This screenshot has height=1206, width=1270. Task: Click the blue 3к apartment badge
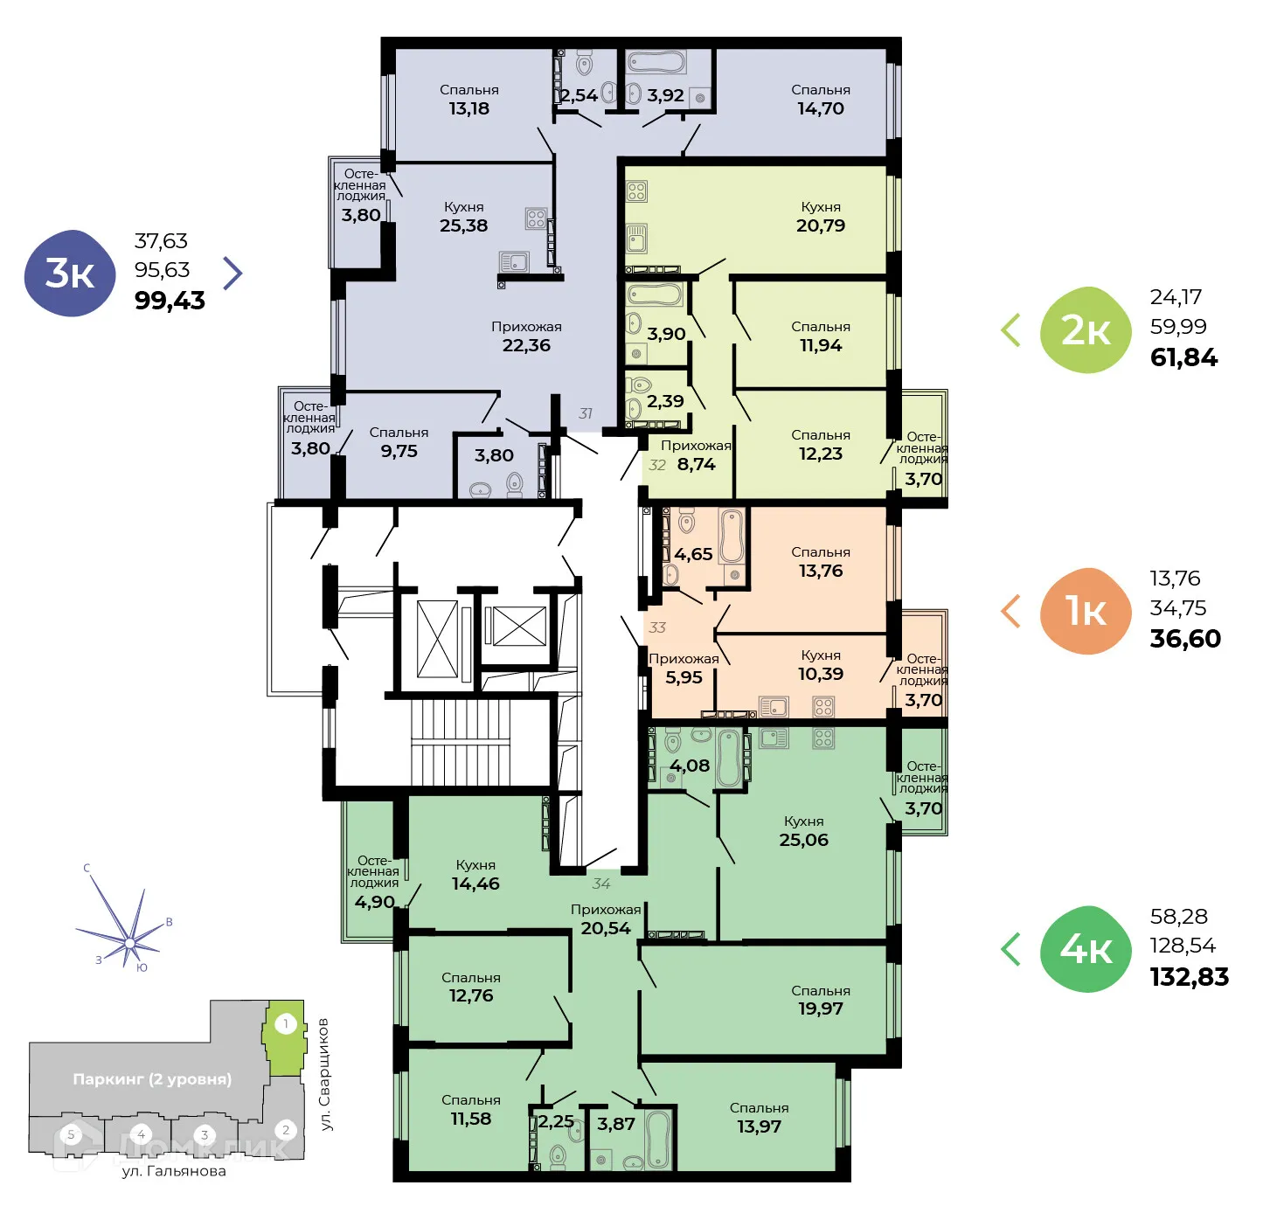[70, 274]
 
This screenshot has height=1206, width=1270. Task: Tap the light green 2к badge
[1086, 330]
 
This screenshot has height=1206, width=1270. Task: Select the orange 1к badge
[1086, 611]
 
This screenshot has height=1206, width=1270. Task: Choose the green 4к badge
[1086, 948]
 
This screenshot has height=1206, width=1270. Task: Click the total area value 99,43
[170, 301]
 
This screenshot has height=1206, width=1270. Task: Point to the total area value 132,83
[1189, 977]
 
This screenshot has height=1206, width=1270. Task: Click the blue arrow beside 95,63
[232, 274]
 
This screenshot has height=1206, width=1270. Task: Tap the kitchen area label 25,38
[463, 225]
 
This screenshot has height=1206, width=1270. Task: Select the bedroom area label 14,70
[820, 108]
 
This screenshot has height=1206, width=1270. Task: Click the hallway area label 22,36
[526, 345]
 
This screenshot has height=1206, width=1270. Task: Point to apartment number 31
[586, 413]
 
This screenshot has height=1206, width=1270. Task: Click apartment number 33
[657, 627]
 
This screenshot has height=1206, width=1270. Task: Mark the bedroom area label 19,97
[820, 1008]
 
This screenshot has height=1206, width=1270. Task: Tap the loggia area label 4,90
[374, 902]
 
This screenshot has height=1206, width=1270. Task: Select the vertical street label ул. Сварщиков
[325, 1074]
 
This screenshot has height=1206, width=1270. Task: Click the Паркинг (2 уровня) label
[152, 1079]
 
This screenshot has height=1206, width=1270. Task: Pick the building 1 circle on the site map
[286, 1023]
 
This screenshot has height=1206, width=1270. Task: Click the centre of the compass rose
[129, 942]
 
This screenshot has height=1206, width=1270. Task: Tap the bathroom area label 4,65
[693, 554]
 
